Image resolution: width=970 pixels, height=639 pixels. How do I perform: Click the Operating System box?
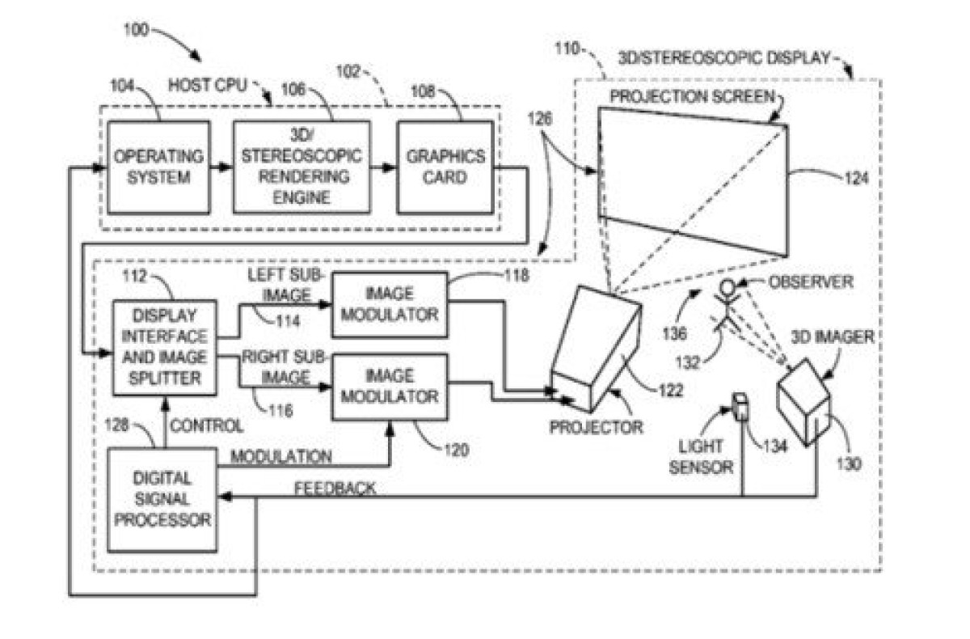tap(159, 167)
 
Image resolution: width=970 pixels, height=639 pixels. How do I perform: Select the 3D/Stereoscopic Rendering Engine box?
tap(302, 167)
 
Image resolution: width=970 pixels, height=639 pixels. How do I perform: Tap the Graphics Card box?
tap(445, 167)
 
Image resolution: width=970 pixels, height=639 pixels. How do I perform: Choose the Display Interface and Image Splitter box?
tap(165, 348)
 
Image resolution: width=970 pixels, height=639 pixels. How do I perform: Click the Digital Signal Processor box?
tap(162, 500)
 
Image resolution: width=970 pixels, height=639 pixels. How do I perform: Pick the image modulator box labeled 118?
tap(390, 305)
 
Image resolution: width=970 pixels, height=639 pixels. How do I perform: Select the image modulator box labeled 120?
tap(390, 387)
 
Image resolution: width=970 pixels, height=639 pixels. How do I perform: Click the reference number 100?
tap(136, 30)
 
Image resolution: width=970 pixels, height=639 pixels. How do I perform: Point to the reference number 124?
tap(857, 178)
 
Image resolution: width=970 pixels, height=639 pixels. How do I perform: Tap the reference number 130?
tap(850, 464)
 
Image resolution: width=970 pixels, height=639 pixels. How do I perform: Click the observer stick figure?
tap(727, 306)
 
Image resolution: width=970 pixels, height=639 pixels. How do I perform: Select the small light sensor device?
tap(740, 406)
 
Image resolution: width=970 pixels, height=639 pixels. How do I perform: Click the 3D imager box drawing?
tap(804, 402)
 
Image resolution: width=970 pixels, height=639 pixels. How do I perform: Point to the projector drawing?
tap(596, 349)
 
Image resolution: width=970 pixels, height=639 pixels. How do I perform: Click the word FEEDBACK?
tap(335, 489)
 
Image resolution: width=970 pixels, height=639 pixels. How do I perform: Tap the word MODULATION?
tap(281, 457)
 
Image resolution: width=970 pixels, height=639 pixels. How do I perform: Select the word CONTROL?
tap(207, 426)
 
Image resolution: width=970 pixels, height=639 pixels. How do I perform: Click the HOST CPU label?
tap(208, 86)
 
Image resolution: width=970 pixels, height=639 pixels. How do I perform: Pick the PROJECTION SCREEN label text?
tap(692, 96)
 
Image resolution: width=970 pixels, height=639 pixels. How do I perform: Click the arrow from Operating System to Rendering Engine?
tap(221, 167)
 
